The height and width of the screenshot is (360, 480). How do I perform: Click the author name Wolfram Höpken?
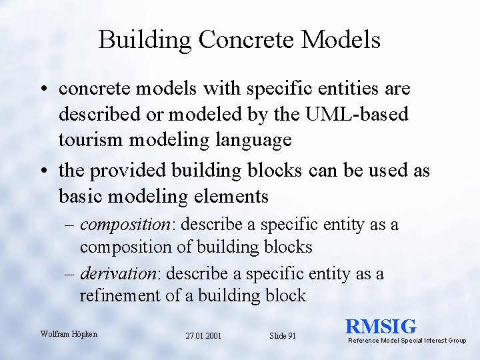[x=69, y=333]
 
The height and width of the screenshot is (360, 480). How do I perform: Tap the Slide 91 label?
[x=282, y=336]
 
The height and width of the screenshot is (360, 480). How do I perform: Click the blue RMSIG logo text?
[x=381, y=326]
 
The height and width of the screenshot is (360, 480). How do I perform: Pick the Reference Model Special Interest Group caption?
[x=407, y=341]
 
